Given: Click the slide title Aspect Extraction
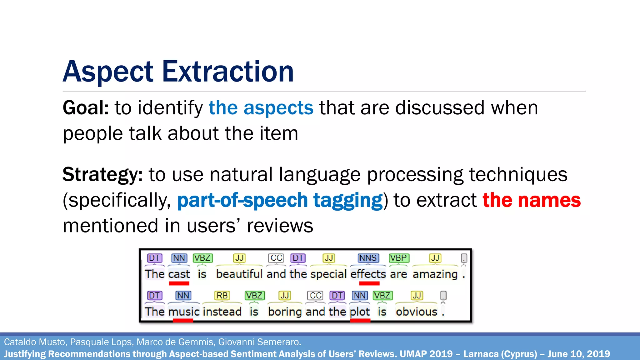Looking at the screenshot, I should tap(178, 72).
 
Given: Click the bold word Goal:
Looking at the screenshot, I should tap(86, 108).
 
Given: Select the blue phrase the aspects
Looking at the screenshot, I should tap(261, 108).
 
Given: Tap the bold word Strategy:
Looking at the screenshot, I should tap(102, 174).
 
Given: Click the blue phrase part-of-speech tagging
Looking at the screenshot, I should tap(280, 200).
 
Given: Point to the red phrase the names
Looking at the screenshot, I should tap(532, 200).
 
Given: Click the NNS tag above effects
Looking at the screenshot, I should tap(368, 258).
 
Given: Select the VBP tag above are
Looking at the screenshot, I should tap(399, 258).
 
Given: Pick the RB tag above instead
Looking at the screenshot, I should tap(222, 296).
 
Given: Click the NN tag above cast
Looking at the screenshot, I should tap(179, 258).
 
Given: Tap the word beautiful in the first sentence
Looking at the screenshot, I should tap(239, 274).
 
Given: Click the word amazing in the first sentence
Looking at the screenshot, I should tap(435, 274).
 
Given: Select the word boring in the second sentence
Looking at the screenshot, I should tap(285, 312).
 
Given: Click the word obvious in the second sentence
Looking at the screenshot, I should tap(416, 312).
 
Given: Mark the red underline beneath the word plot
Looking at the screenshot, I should tap(360, 320).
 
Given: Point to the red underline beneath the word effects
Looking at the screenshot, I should tap(369, 283).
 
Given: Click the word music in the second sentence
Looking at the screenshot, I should tap(183, 312).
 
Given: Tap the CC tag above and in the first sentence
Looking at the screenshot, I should tap(276, 258).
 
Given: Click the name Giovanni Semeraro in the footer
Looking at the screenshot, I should tap(259, 342).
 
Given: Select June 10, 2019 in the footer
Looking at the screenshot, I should tap(578, 354).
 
